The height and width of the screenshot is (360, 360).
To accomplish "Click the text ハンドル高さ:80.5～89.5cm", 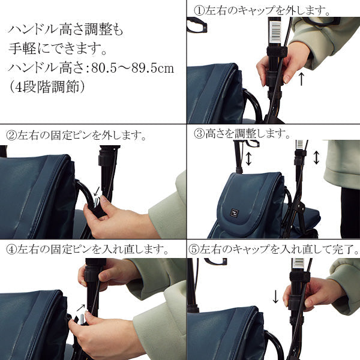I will pyautogui.click(x=92, y=68).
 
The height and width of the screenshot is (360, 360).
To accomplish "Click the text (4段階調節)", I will pyautogui.click(x=47, y=86).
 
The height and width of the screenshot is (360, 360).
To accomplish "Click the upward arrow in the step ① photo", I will pyautogui.click(x=301, y=78).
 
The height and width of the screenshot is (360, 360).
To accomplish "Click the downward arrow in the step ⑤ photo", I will pyautogui.click(x=275, y=296).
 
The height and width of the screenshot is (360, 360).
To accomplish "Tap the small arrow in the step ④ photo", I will pyautogui.click(x=80, y=308).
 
